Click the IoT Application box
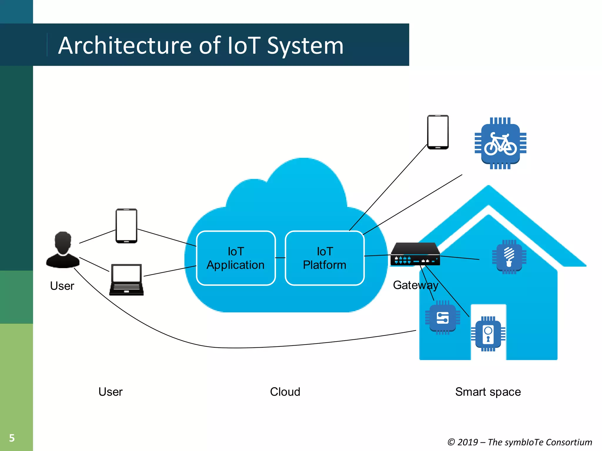236,258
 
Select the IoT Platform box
325,258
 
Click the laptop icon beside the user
126,280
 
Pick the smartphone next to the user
126,226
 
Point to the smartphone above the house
438,132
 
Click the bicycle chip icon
500,143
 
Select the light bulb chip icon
509,257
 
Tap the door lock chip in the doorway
488,334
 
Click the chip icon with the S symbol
442,317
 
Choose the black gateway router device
415,254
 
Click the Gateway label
415,285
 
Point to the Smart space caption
488,392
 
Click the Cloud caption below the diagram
285,392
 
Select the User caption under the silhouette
62,286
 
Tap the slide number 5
12,438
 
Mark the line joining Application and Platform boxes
280,258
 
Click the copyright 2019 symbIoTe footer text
520,442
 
